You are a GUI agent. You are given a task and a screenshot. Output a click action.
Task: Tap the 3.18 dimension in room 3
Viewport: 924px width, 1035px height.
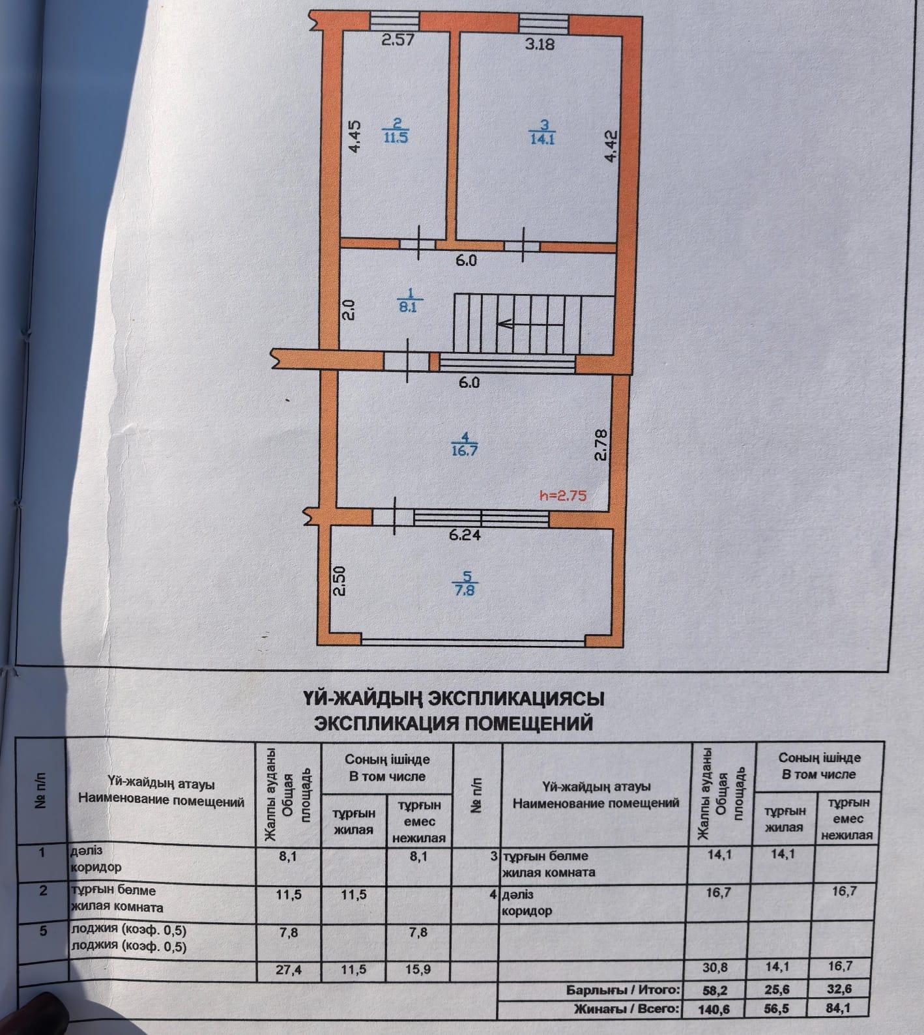[540, 44]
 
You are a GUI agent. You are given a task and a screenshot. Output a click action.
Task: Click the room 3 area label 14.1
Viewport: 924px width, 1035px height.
[542, 132]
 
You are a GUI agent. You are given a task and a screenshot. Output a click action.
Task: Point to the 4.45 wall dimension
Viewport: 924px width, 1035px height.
[353, 138]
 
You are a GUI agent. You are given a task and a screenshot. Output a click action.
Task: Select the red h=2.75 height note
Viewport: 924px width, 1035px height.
[563, 495]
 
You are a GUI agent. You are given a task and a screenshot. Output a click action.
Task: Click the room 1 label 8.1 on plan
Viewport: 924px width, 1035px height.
[407, 302]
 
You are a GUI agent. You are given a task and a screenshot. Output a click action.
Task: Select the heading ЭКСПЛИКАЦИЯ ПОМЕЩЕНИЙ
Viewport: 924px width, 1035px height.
[454, 723]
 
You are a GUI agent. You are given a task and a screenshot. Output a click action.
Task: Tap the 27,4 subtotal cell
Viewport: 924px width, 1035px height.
[288, 970]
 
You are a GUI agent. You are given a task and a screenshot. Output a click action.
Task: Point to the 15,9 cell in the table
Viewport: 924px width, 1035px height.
[418, 970]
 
